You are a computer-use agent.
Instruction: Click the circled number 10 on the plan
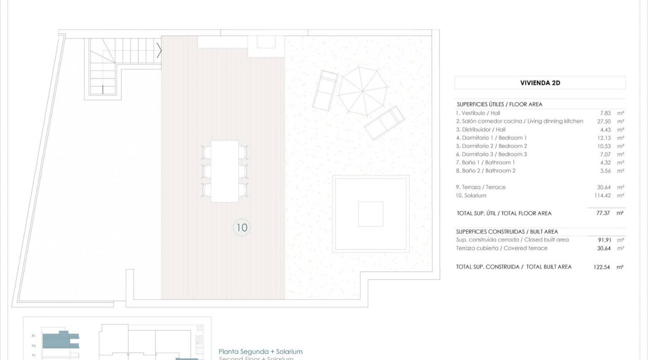[242, 228]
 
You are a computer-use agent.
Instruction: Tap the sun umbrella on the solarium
[363, 90]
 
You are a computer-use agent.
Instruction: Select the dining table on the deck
[225, 171]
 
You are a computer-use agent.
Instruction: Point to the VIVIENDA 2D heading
[540, 83]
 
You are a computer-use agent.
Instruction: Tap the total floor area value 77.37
[603, 213]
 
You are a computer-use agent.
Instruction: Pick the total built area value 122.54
[602, 267]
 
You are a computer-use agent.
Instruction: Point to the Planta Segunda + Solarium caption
[261, 351]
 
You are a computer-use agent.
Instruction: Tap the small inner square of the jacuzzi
[370, 214]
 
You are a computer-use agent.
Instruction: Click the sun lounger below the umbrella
[384, 122]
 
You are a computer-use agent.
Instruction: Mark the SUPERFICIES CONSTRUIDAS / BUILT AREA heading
[507, 232]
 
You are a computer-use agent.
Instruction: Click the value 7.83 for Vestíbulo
[605, 113]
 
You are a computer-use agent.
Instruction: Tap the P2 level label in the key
[34, 346]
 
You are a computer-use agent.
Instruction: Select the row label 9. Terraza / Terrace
[481, 187]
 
